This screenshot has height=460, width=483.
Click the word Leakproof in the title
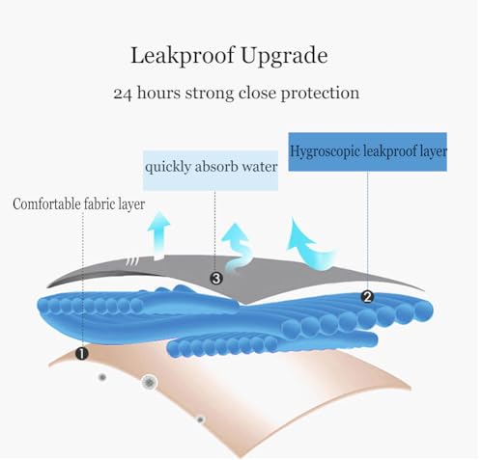click(183, 56)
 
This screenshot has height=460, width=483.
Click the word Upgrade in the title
click(284, 56)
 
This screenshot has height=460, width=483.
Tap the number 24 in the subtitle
click(123, 94)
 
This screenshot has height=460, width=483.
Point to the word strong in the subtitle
click(210, 94)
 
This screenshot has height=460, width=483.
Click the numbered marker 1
click(82, 354)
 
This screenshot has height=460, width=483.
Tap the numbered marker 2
click(367, 297)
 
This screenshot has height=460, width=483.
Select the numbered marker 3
click(216, 279)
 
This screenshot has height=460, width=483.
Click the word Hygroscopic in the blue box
click(325, 151)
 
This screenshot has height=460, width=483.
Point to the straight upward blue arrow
click(158, 235)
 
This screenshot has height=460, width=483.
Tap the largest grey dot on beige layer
click(149, 383)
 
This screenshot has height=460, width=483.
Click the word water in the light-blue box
click(260, 167)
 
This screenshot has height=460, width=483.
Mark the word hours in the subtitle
click(158, 94)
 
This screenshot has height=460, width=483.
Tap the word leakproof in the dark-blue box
click(392, 151)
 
